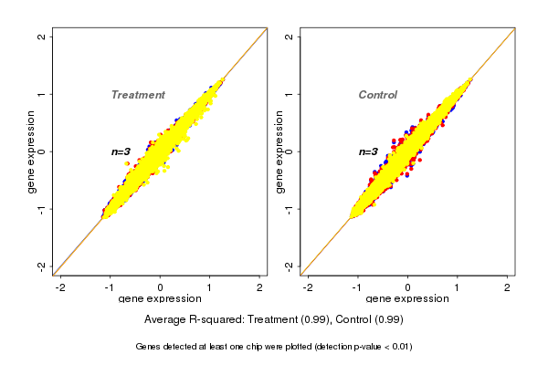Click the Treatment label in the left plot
click(138, 95)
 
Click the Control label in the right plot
click(378, 95)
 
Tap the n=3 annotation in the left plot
click(121, 151)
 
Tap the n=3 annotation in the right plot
click(368, 151)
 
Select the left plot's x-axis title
click(160, 299)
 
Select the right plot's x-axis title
click(407, 299)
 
